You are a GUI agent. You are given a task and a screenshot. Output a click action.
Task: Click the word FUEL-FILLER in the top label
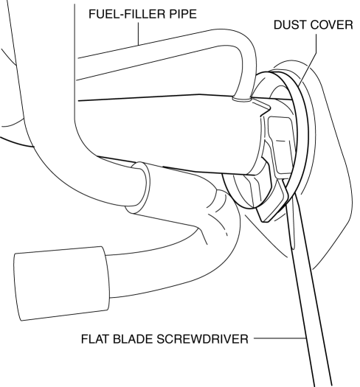(x=127, y=14)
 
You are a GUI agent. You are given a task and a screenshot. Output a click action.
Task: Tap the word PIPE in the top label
(x=183, y=14)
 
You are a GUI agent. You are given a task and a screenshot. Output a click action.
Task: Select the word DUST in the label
(x=288, y=25)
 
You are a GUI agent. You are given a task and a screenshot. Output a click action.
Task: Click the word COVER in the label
(x=330, y=25)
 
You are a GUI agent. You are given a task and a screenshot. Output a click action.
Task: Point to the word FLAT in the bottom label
(x=95, y=339)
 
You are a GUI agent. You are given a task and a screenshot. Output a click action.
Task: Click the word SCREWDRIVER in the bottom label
(x=202, y=339)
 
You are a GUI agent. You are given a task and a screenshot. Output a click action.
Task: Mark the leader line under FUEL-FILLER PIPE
(x=139, y=34)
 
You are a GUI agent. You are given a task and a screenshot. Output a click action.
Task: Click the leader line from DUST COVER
(x=308, y=59)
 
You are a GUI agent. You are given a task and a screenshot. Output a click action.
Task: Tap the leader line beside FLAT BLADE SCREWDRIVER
(x=280, y=338)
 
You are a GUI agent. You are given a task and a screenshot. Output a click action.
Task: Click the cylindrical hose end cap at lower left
(x=62, y=283)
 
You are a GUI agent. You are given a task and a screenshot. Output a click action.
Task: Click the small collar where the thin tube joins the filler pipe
(x=241, y=99)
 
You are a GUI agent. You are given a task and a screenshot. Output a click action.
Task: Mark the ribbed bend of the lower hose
(x=218, y=210)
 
